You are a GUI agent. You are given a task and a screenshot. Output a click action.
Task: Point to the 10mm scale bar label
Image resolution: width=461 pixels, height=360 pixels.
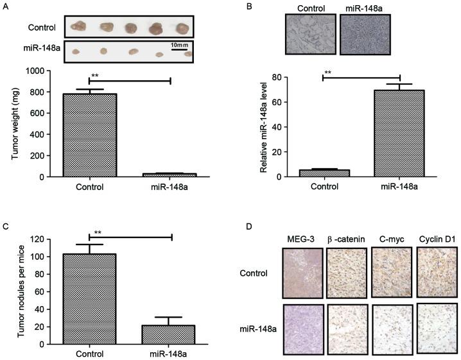coord(179,46)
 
